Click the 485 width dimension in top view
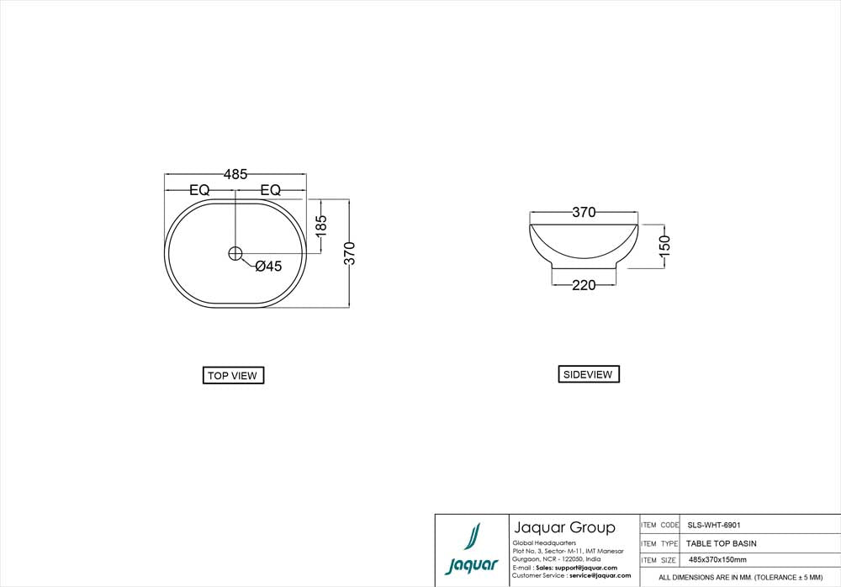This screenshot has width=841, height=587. [x=235, y=174]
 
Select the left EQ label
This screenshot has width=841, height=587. [x=199, y=190]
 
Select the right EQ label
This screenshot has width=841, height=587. [x=271, y=190]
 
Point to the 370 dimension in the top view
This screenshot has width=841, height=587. [x=351, y=253]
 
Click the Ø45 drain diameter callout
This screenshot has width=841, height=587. [x=267, y=267]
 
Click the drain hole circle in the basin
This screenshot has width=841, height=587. [x=235, y=252]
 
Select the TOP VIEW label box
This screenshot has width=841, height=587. [x=234, y=376]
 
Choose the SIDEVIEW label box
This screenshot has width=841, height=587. [x=588, y=374]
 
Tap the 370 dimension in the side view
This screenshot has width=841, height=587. [x=584, y=213]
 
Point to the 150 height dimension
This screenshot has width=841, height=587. [x=664, y=246]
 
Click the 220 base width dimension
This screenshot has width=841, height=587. [x=584, y=285]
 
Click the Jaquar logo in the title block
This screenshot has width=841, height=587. [x=472, y=551]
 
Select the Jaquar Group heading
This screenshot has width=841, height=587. [x=563, y=528]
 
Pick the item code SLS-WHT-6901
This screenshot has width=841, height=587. [x=714, y=524]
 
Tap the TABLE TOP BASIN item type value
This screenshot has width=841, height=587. [x=722, y=543]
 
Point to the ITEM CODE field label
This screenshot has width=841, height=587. [x=660, y=524]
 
